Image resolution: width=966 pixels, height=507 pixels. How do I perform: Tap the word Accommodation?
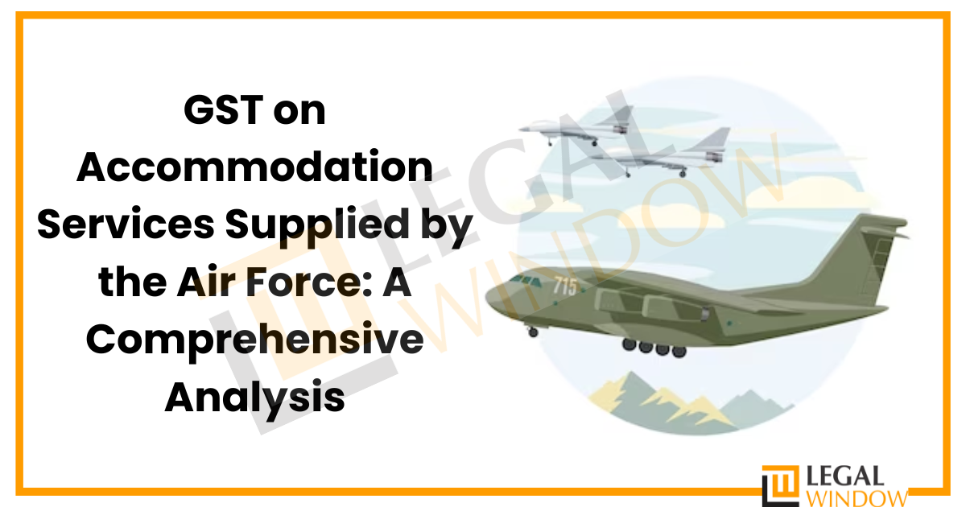coord(254,167)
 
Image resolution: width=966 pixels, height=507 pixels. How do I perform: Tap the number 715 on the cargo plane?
coord(565,286)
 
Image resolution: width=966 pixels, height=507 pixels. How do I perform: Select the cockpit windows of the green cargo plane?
coord(527,282)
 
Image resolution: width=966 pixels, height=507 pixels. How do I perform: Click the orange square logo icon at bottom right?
coord(778,484)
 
